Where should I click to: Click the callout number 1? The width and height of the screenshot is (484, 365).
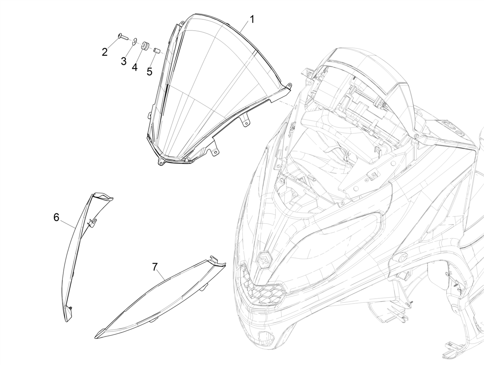[x=252, y=19]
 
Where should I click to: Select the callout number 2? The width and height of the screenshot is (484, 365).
[x=104, y=52]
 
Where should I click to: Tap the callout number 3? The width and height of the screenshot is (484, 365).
[x=124, y=61]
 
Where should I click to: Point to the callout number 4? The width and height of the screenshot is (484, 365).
[x=135, y=67]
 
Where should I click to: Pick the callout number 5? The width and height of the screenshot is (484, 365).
[x=150, y=71]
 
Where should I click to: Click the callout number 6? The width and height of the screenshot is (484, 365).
[x=56, y=218]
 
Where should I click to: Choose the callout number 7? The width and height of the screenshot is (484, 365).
[x=155, y=267]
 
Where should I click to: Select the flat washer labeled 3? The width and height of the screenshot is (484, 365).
[x=134, y=41]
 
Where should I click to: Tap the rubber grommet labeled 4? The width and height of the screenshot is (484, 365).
[x=145, y=46]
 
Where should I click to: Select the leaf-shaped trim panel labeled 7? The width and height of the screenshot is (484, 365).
[x=160, y=298]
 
